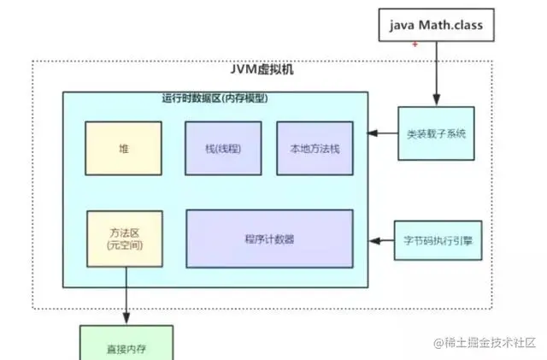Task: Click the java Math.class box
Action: (436, 26)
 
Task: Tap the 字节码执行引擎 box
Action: (438, 239)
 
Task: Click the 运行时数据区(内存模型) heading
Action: (215, 98)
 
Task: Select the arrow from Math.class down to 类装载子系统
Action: (436, 73)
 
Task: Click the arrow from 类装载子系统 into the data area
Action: (383, 133)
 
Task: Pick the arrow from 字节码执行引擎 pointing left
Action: (381, 239)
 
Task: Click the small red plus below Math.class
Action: (415, 44)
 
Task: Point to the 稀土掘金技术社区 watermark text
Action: (490, 342)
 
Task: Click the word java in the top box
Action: (404, 26)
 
